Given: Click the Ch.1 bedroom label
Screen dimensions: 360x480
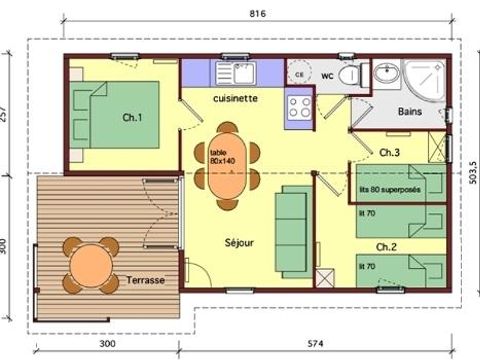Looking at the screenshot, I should (132, 118).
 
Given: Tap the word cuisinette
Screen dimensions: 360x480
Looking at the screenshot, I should (238, 100).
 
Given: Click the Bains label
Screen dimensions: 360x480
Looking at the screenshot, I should (409, 112).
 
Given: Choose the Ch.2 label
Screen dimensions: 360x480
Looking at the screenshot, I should (388, 246).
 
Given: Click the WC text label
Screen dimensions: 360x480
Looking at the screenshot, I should (326, 75).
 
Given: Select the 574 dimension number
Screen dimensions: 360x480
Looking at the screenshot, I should (315, 344).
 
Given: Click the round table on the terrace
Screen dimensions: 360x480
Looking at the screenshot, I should (89, 265).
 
